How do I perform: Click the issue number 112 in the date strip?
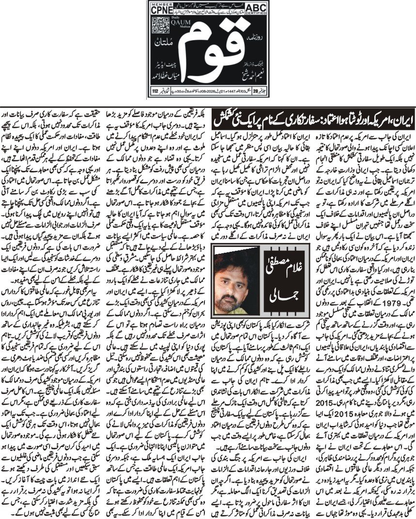point(155,90)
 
